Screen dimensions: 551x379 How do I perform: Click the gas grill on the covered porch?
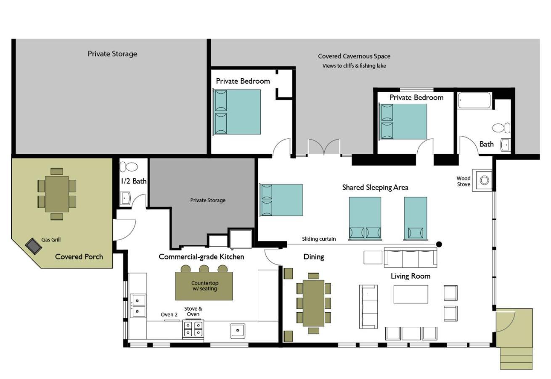[x=34, y=246]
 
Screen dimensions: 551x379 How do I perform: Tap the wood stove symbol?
[x=484, y=180]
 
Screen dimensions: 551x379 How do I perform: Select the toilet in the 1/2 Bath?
[x=129, y=167]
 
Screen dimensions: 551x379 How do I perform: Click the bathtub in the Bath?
[x=474, y=100]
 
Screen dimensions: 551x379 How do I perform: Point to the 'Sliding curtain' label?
[x=319, y=239]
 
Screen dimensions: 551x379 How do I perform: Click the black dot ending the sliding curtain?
[x=439, y=244]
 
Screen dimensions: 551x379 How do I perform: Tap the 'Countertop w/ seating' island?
[x=204, y=286]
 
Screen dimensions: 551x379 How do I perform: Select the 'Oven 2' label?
[x=169, y=315]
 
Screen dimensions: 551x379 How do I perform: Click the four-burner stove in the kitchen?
[x=193, y=329]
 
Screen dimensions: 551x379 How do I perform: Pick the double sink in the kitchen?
[x=138, y=306]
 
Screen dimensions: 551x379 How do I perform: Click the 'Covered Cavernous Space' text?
[x=354, y=56]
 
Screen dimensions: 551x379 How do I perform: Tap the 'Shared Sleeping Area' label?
[x=375, y=187]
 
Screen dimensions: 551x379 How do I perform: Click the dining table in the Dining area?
[x=314, y=303]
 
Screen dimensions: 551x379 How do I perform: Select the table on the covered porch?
[x=57, y=194]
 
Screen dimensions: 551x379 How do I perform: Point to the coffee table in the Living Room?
[x=411, y=294]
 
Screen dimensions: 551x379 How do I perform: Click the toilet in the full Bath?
[x=501, y=128]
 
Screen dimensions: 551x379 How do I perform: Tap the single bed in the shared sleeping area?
[x=416, y=218]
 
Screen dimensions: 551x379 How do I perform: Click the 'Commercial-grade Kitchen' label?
[x=201, y=257]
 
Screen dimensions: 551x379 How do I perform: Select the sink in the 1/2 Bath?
[x=125, y=198]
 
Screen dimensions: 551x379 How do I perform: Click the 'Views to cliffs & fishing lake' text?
[x=354, y=66]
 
